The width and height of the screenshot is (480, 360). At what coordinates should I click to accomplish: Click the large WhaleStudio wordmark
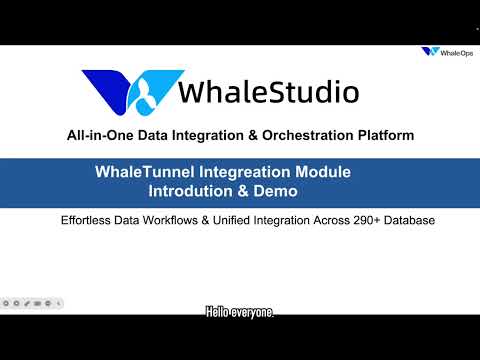point(268,92)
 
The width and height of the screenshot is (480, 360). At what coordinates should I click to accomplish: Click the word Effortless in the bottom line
point(89,219)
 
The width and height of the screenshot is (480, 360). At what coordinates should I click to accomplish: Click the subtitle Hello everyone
point(240,313)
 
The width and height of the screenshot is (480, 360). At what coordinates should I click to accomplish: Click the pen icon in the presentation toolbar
point(27,301)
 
